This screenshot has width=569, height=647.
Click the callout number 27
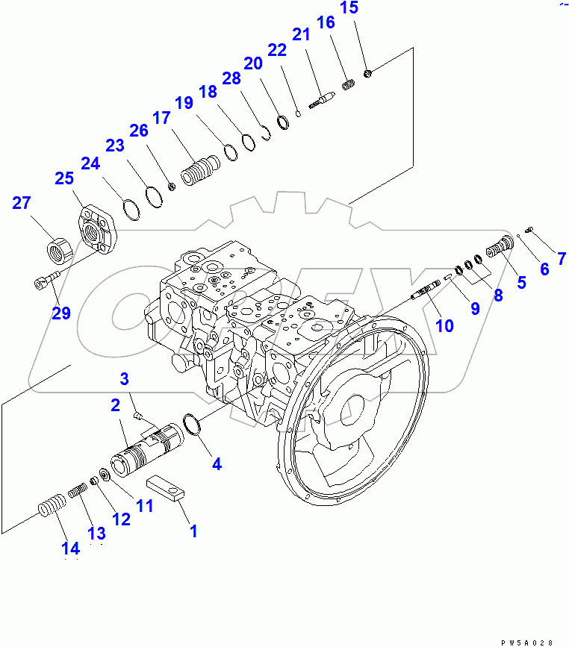[x=22, y=204]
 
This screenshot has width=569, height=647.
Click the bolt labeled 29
[x=44, y=282]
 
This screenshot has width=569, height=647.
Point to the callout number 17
[x=162, y=118]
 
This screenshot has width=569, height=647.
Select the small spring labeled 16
[x=347, y=85]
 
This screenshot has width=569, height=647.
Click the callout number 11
[x=143, y=505]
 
